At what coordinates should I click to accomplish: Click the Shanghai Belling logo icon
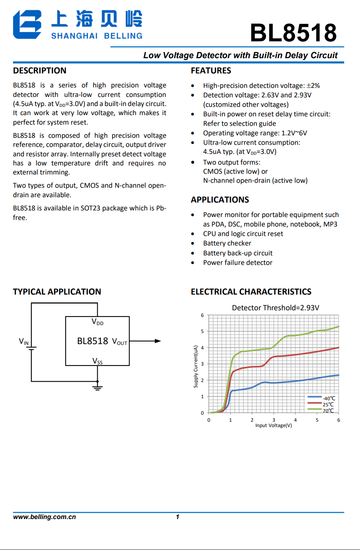point(27,25)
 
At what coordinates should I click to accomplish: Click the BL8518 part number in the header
point(293,33)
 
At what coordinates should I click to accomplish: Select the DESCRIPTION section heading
point(40,71)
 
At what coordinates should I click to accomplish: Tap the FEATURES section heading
point(211,71)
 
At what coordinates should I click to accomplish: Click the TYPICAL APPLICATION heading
point(57,292)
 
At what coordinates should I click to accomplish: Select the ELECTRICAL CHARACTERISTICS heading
point(251,292)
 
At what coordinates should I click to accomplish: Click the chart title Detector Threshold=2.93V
point(275,308)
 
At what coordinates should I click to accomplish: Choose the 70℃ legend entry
point(328,411)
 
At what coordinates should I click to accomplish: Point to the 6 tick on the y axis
point(202,315)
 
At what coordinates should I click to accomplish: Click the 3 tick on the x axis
point(274,420)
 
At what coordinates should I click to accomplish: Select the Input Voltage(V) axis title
point(273,425)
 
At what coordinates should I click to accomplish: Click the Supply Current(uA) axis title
point(196,366)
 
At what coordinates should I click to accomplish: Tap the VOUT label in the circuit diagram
point(120,342)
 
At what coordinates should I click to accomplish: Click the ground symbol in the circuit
point(97,387)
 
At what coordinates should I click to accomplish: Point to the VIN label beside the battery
point(24,341)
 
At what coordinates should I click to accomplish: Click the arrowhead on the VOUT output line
point(158,341)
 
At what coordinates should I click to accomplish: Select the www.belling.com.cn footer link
point(45,517)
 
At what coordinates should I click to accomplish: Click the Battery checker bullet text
point(227,243)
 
